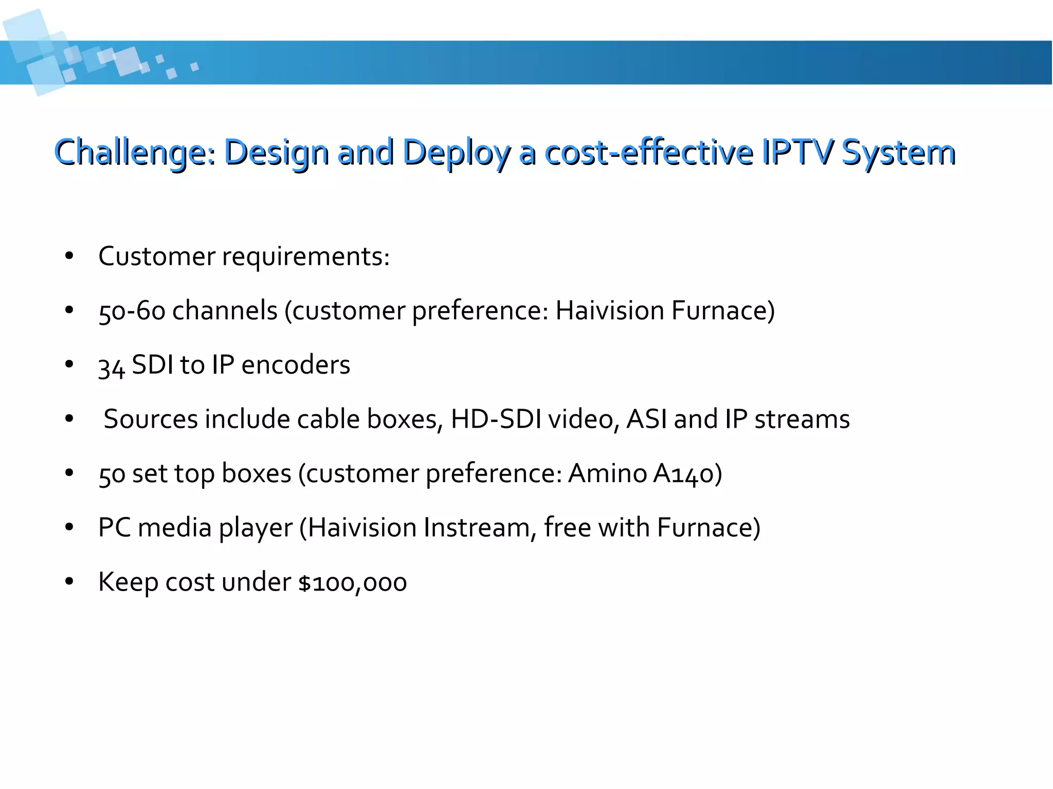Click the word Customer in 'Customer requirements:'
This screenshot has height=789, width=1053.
[157, 256]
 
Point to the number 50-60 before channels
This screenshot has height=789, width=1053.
[132, 311]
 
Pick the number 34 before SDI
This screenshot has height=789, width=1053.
[112, 366]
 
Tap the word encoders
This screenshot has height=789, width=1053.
[296, 365]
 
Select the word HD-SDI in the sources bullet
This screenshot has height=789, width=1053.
[496, 419]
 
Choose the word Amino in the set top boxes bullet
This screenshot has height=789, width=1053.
[607, 473]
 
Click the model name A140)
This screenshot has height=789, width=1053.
[687, 473]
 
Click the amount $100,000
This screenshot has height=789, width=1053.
[353, 583]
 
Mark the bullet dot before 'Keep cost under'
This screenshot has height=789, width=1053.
[69, 582]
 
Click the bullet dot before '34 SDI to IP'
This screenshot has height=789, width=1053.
[69, 365]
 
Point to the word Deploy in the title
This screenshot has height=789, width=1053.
[456, 153]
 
